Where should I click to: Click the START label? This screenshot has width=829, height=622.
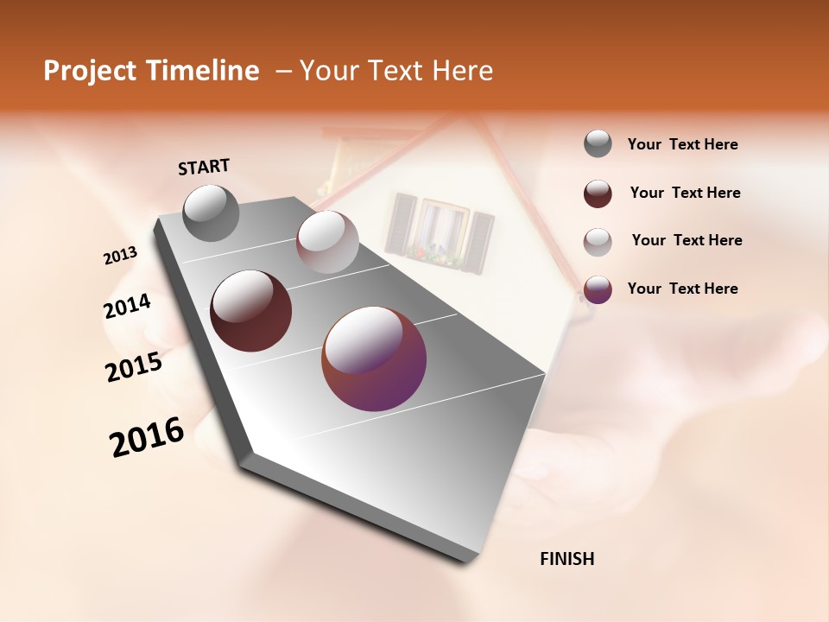[204, 167]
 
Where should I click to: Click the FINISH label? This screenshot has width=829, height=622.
[566, 559]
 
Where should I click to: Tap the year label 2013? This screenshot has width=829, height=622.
[120, 256]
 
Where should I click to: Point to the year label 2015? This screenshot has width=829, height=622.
[134, 367]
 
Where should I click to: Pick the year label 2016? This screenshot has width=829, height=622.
[147, 437]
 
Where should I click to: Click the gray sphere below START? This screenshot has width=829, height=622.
[211, 213]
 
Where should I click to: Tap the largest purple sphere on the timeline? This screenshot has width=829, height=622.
[374, 359]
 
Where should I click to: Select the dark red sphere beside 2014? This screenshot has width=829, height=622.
[250, 311]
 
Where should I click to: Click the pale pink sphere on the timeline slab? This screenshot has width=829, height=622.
[327, 242]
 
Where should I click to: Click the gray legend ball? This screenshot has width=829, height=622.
[598, 144]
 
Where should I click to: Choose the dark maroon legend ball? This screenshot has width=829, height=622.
[598, 194]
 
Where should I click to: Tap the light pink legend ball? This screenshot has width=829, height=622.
[598, 241]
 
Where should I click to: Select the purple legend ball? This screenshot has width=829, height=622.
[598, 289]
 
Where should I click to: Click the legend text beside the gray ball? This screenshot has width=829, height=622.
[682, 145]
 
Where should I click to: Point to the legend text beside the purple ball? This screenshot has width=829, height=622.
[682, 289]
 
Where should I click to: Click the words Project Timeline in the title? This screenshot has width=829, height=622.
[151, 71]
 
